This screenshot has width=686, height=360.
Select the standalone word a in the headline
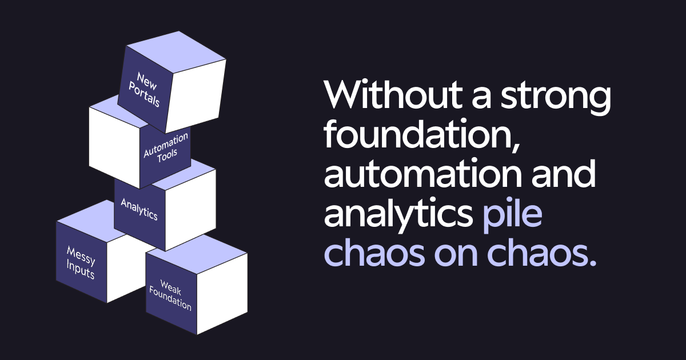477,96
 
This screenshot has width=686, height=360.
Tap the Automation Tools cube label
165,148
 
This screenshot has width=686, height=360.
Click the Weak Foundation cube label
170,295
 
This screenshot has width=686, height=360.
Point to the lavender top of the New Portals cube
174,50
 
